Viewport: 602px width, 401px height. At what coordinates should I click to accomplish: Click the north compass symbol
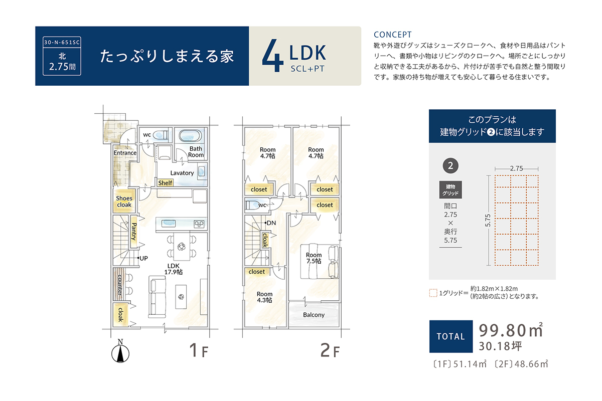[120, 351]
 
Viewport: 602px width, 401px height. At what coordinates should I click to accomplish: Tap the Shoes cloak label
[124, 202]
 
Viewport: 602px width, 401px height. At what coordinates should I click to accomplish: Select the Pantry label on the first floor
[134, 232]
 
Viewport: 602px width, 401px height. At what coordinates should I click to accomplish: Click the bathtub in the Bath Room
[190, 136]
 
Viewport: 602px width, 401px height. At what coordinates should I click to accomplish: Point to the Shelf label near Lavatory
[165, 183]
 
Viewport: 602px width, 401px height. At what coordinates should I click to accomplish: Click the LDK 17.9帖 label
[174, 269]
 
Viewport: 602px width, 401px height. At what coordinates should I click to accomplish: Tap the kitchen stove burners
[199, 224]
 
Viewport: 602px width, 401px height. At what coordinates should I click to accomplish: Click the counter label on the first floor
[120, 285]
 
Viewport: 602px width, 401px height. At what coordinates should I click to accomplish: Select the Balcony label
[314, 315]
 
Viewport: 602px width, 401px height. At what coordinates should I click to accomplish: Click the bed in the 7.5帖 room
[320, 261]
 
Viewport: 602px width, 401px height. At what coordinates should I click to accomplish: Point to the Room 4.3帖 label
[264, 297]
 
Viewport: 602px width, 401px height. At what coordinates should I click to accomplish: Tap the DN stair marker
[270, 223]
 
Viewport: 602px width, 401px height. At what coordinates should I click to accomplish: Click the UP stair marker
[142, 258]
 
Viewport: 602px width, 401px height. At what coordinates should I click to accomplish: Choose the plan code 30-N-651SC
[62, 43]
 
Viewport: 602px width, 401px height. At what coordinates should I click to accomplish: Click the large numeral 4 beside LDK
[272, 56]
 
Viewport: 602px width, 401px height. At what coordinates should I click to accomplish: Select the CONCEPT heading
[393, 35]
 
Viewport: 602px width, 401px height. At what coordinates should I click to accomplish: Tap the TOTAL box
[450, 336]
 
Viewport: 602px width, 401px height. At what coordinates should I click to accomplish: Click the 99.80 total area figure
[503, 330]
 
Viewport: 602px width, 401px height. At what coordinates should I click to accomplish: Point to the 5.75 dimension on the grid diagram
[488, 221]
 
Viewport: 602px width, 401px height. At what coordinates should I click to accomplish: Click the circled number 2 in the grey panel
[450, 165]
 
